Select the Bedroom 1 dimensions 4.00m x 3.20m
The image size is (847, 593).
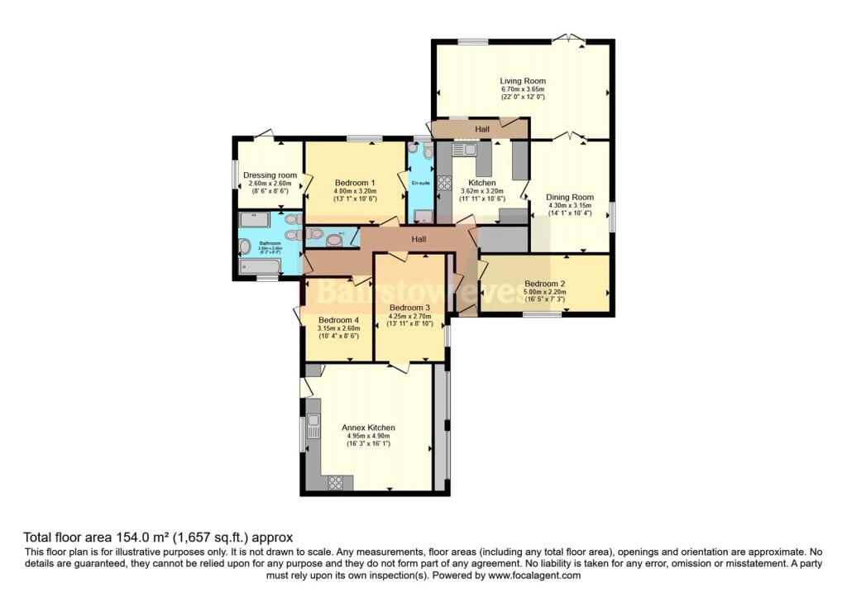[356, 191]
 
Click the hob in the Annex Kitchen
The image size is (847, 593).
[336, 483]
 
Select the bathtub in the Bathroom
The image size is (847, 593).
[260, 265]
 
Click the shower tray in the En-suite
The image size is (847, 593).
[423, 217]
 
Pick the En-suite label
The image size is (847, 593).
[420, 183]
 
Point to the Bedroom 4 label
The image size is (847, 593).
[338, 320]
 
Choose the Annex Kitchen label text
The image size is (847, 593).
[368, 428]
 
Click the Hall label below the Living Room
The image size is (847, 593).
[482, 129]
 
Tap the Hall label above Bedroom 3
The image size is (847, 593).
[420, 239]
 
